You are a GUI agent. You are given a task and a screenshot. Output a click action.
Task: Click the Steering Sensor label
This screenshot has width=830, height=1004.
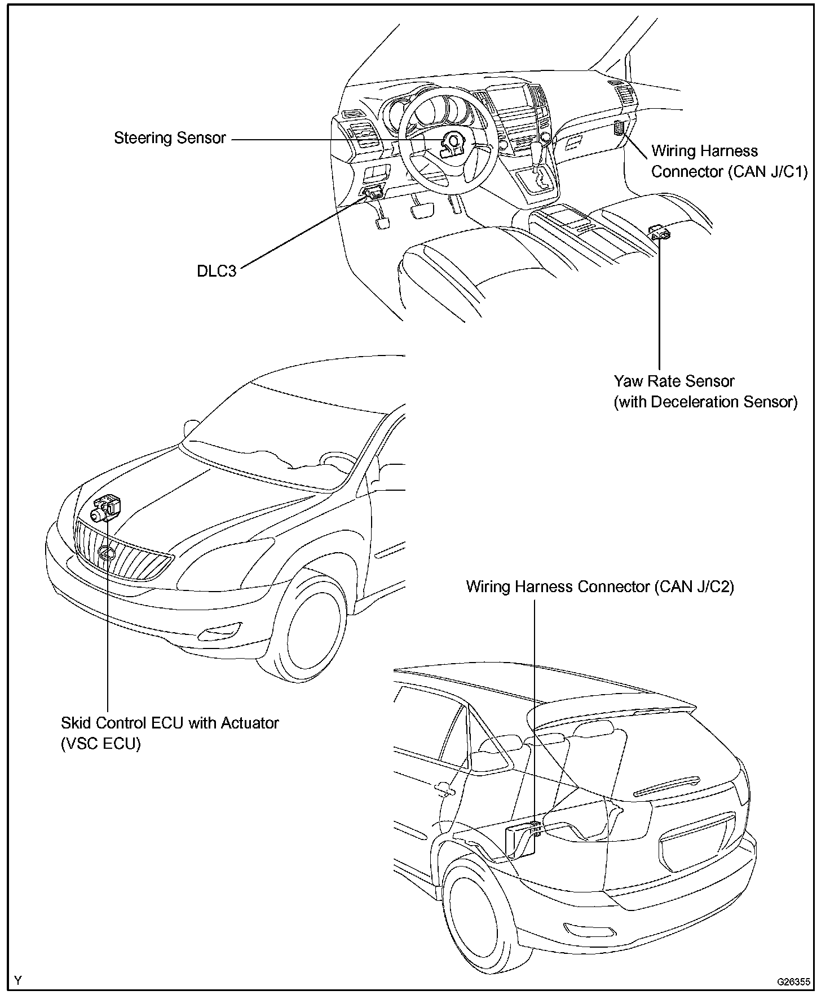170,138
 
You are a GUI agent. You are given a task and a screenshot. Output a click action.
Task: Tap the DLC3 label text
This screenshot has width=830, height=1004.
217,271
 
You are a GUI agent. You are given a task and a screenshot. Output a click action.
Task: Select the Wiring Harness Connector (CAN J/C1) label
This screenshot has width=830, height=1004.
729,161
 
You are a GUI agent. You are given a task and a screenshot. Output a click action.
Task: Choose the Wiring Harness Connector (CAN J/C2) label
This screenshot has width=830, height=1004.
600,587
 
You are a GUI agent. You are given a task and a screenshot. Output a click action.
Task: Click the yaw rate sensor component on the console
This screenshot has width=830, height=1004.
660,232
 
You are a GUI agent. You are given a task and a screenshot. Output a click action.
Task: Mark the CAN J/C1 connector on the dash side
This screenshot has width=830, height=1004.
620,128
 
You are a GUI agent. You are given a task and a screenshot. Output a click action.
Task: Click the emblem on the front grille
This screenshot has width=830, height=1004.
105,554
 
